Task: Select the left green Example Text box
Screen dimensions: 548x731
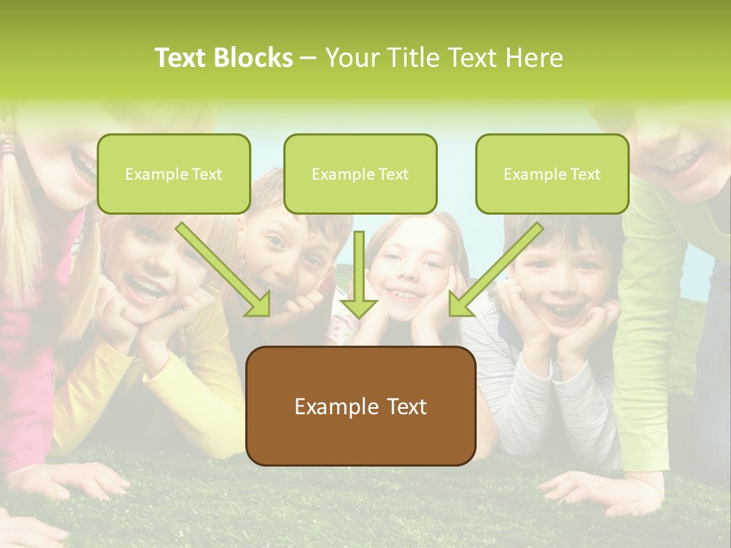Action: click(x=174, y=174)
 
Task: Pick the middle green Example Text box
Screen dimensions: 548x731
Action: click(x=360, y=174)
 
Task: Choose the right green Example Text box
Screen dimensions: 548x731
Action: click(x=552, y=174)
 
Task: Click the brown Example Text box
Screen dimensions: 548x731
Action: click(x=360, y=406)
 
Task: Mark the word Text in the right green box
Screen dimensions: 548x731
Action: click(x=585, y=174)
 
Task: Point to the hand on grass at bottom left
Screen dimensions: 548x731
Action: click(x=84, y=479)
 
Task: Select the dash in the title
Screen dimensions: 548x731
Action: click(x=308, y=59)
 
